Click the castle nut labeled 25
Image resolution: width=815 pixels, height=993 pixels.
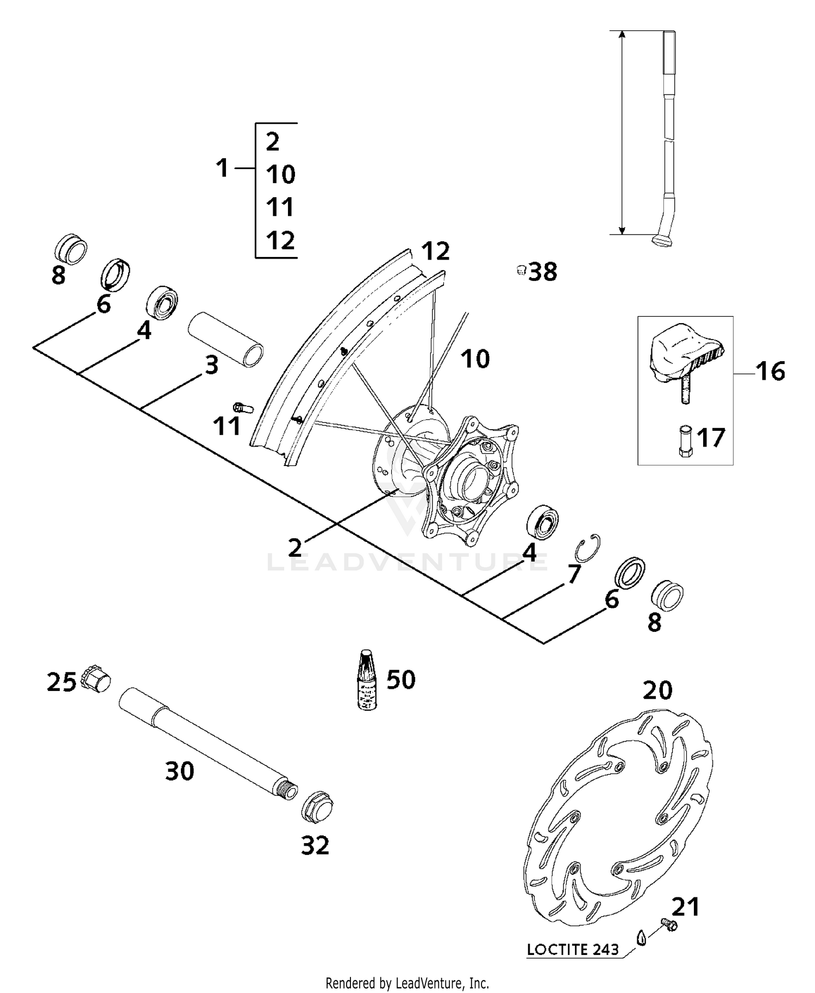(x=96, y=680)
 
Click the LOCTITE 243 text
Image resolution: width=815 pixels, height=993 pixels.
(x=573, y=950)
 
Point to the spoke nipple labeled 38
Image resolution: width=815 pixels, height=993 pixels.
(x=521, y=270)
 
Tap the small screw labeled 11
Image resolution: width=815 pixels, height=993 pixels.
(x=242, y=407)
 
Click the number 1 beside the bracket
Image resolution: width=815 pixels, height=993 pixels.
(x=223, y=168)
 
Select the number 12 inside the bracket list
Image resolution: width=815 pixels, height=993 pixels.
(x=280, y=240)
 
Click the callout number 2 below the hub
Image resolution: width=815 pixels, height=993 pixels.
(x=295, y=548)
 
